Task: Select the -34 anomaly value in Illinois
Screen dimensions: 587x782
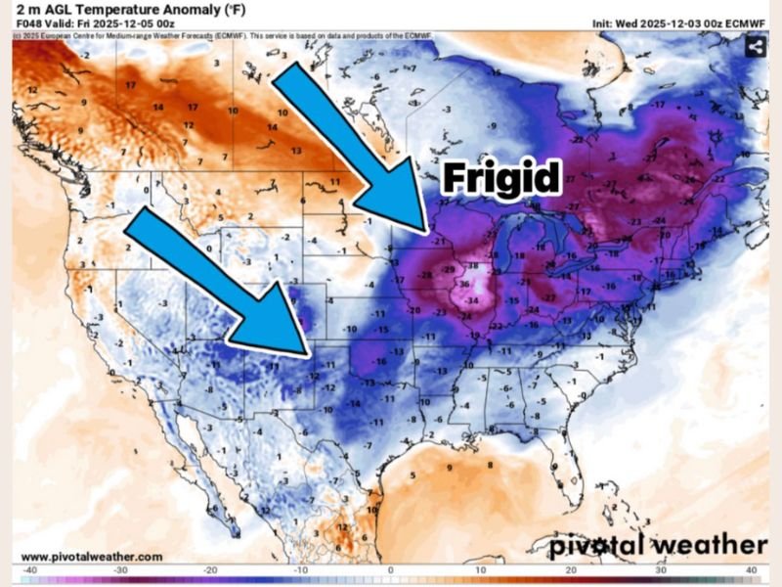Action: [472, 300]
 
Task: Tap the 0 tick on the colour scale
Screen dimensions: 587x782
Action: [391, 568]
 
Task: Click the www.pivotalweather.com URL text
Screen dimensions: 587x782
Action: [92, 556]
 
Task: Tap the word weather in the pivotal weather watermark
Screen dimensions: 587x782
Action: [707, 544]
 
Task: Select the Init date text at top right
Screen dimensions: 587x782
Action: [679, 23]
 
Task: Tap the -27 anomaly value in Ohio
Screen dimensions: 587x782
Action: [549, 296]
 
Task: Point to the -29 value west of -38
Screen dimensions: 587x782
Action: [448, 268]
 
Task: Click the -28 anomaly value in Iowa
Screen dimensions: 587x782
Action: [426, 276]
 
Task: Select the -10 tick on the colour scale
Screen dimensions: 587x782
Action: [299, 568]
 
